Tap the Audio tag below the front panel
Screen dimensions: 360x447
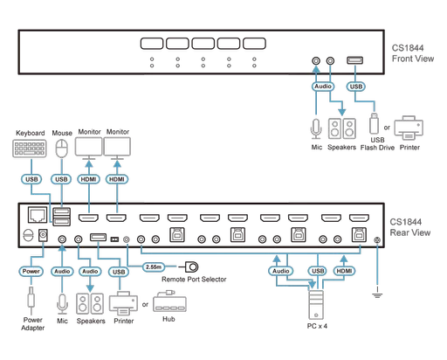pos(322,87)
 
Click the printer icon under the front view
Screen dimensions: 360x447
pos(408,128)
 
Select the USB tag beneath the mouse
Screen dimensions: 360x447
pos(60,180)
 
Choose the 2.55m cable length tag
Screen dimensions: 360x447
pos(154,265)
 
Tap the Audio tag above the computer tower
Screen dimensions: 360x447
pos(280,272)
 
